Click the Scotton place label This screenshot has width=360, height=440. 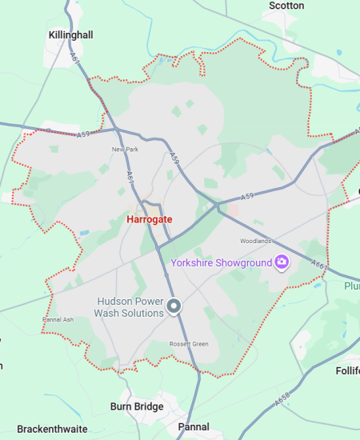(286, 6)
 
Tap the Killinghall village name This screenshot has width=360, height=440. (70, 35)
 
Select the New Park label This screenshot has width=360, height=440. (125, 150)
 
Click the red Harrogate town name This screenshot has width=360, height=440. (149, 218)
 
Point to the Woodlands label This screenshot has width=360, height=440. (256, 241)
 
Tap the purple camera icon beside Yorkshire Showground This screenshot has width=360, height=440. (281, 262)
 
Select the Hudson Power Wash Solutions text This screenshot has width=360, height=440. (130, 307)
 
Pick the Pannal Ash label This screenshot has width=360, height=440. (58, 320)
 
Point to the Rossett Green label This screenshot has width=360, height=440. (190, 344)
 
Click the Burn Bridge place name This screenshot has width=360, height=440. (137, 406)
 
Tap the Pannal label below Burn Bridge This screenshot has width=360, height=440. (194, 427)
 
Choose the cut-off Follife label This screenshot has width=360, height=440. (347, 370)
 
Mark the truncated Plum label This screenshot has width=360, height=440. (352, 286)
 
